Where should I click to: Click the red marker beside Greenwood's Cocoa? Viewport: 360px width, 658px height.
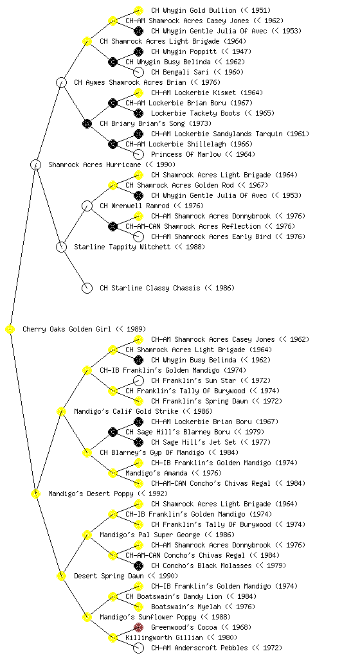coord(138,627)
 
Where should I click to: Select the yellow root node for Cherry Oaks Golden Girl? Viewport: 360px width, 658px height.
coord(10,330)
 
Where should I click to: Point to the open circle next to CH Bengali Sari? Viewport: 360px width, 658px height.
coord(138,72)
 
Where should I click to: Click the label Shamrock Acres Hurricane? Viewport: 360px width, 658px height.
coord(94,165)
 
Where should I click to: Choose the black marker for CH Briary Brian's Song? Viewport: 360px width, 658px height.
coord(87,124)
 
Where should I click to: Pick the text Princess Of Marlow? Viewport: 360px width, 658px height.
coord(186,154)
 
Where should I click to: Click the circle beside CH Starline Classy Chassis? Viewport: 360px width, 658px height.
coord(87,289)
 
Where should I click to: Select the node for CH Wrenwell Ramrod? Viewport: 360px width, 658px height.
coord(87,206)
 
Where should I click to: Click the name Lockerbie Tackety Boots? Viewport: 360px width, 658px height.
coord(195,113)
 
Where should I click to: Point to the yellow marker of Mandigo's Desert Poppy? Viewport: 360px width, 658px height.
coord(35,494)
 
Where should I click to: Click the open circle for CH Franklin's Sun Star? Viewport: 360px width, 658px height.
coord(138,380)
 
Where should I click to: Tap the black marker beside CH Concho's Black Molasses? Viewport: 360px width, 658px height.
coord(138,565)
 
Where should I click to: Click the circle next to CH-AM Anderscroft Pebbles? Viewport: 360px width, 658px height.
coord(138,648)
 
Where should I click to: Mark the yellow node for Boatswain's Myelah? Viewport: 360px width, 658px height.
coord(138,607)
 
